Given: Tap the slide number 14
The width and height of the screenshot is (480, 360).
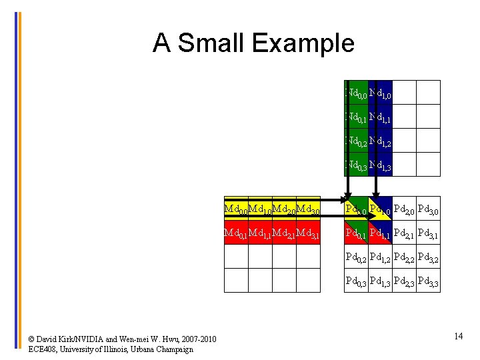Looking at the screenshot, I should tap(458, 336).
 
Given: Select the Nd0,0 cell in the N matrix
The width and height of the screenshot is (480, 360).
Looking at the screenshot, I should tap(356, 93).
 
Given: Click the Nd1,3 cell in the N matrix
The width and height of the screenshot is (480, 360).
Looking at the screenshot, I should tap(380, 165).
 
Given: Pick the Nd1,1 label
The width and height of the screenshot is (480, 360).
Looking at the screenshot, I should tap(380, 117).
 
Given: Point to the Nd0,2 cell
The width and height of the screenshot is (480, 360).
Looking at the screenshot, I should tap(356, 141).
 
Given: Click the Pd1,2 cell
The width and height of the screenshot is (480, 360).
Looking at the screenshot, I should tap(380, 257).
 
